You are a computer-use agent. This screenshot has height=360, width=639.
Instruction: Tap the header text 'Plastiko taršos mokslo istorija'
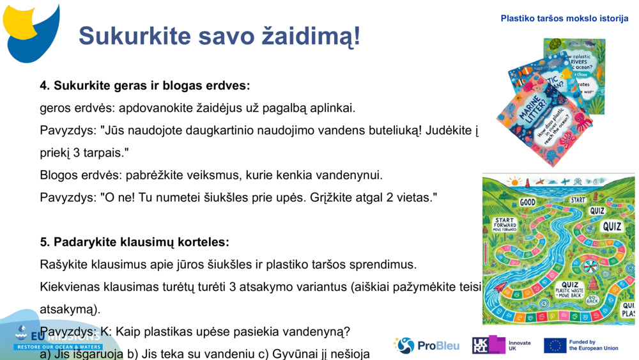564,19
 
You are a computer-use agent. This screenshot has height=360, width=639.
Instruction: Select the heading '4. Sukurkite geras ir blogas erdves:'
145,86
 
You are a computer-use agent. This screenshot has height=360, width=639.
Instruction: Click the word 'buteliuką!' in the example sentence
395,130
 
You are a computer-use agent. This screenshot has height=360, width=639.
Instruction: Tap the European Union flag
555,346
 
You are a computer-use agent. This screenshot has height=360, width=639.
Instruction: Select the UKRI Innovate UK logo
501,346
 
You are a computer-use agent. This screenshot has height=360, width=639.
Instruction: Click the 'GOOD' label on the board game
527,203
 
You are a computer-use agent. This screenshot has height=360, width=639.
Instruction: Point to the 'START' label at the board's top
578,200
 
